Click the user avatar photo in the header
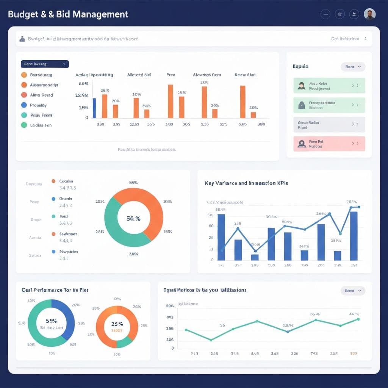click(x=369, y=14)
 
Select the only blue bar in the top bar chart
click(x=94, y=108)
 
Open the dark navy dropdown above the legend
click(x=44, y=64)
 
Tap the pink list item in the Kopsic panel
click(x=329, y=144)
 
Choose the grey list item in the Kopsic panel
click(x=329, y=125)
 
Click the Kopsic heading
click(x=300, y=66)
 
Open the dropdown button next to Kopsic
click(x=353, y=67)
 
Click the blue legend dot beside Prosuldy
click(x=24, y=105)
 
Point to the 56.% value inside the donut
click(x=134, y=218)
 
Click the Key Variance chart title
click(x=246, y=183)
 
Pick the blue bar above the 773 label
click(x=221, y=237)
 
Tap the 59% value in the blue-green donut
click(x=51, y=321)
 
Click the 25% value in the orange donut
click(x=117, y=324)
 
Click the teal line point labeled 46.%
click(x=358, y=319)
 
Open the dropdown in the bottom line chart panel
click(x=353, y=291)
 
